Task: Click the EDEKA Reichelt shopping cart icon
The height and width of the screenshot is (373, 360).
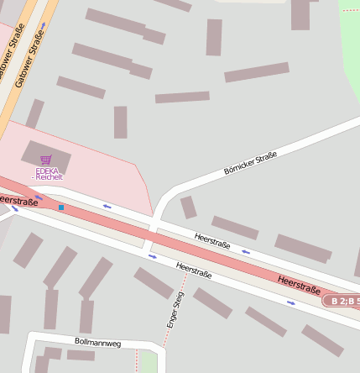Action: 46,160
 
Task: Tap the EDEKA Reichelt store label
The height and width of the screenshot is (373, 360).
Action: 48,174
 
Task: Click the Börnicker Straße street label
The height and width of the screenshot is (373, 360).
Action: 250,163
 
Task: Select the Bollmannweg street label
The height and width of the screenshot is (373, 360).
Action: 98,343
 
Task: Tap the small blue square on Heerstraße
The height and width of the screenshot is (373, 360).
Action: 61,207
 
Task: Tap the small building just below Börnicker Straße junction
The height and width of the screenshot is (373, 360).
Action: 189,207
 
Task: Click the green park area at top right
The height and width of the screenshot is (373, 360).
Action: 351,34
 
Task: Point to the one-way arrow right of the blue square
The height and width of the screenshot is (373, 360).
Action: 107,206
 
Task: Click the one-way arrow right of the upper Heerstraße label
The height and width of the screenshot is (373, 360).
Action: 246,251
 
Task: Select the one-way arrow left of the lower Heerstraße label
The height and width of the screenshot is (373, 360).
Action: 153,257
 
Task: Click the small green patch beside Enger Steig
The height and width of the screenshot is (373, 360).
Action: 149,362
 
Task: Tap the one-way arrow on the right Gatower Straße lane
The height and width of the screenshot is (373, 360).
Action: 44,25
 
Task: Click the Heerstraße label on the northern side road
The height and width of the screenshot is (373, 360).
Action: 212,241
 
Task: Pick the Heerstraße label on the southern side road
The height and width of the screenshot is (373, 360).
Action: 194,271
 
